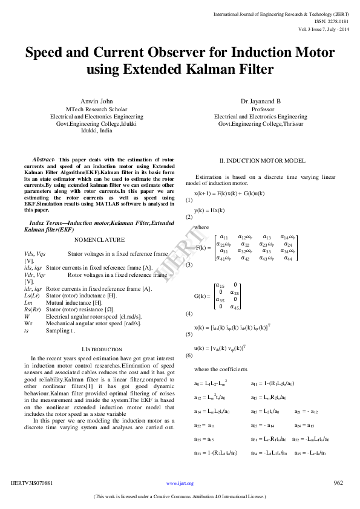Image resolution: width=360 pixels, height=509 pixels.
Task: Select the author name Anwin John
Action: pyautogui.click(x=97, y=100)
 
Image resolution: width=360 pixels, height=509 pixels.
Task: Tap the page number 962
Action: pyautogui.click(x=339, y=483)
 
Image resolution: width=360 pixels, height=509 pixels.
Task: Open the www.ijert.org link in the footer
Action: pyautogui.click(x=180, y=484)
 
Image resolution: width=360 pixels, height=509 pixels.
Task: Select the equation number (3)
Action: pyautogui.click(x=189, y=265)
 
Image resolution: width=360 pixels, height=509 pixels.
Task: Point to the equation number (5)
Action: pyautogui.click(x=189, y=334)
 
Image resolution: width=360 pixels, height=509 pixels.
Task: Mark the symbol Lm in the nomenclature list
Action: pyautogui.click(x=28, y=302)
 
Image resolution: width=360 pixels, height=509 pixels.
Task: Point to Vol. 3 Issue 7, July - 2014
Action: pyautogui.click(x=324, y=29)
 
